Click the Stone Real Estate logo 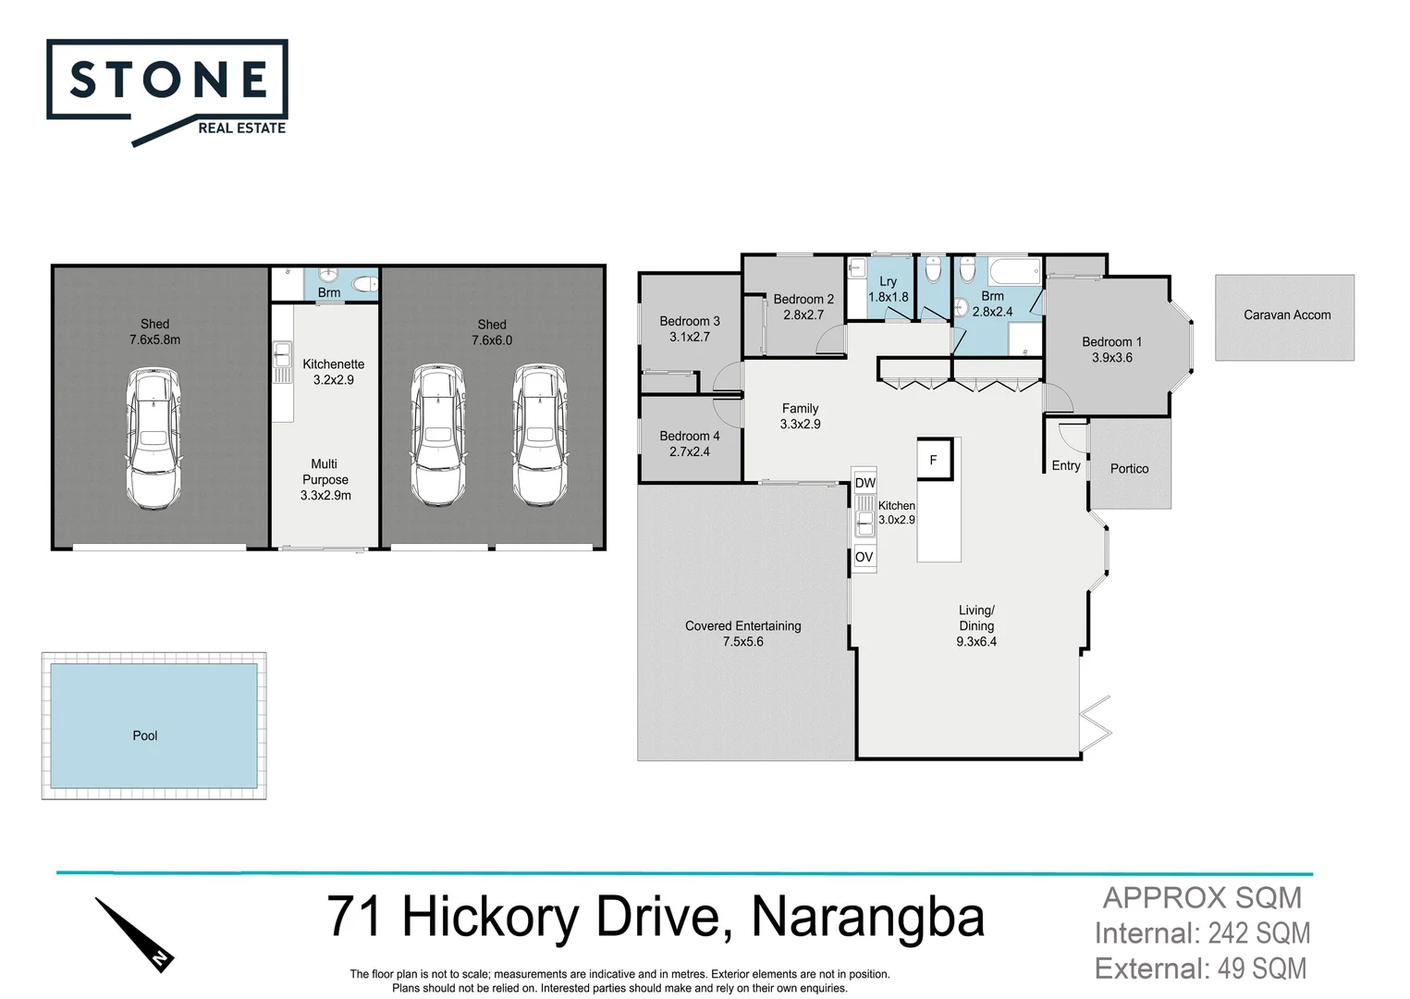(x=167, y=91)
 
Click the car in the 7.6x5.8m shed (x=153, y=438)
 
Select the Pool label (x=145, y=735)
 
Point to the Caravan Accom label (x=1286, y=315)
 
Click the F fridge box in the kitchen (x=934, y=460)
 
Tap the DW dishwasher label (x=864, y=483)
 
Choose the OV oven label (x=864, y=557)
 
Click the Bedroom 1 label (x=1111, y=342)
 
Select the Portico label (x=1129, y=469)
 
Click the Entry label (x=1065, y=465)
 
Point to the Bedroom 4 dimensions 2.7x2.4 (x=690, y=452)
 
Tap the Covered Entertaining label (x=742, y=626)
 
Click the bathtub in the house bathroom (x=1013, y=271)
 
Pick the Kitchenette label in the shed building (x=333, y=364)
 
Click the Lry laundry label (x=888, y=281)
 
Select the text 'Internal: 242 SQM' (x=1202, y=933)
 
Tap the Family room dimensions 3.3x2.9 (x=800, y=425)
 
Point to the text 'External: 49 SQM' (x=1200, y=968)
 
